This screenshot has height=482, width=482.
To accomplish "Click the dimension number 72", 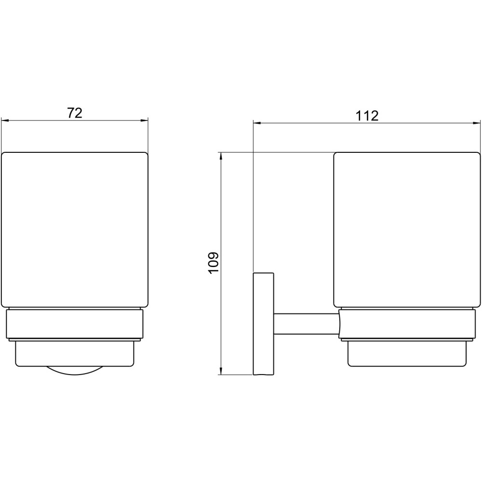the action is point(75,113).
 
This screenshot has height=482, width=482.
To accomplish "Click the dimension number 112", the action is point(367,116).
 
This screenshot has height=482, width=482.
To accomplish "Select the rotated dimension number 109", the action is point(214,262).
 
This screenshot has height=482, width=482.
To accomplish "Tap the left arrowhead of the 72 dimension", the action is point(5,121).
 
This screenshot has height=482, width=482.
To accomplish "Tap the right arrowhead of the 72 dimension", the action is point(145,121).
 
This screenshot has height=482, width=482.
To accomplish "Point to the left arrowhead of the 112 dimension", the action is point(257,123).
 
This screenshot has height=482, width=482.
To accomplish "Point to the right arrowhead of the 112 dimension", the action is point(476,123).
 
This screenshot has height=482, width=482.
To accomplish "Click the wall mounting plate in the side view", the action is point(264,324).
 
